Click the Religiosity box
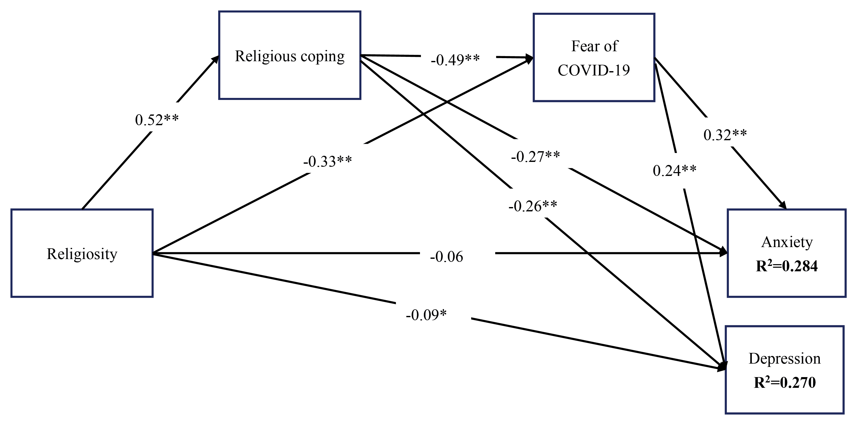click(x=82, y=253)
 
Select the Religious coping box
click(x=289, y=55)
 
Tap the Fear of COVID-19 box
click(x=594, y=57)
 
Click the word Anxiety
click(x=787, y=242)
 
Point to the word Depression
click(x=784, y=359)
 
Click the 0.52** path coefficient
click(x=157, y=120)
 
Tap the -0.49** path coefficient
click(x=455, y=60)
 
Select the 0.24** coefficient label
click(x=674, y=171)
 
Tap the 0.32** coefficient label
click(x=725, y=135)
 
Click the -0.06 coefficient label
click(x=446, y=257)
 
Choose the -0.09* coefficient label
click(x=426, y=315)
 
